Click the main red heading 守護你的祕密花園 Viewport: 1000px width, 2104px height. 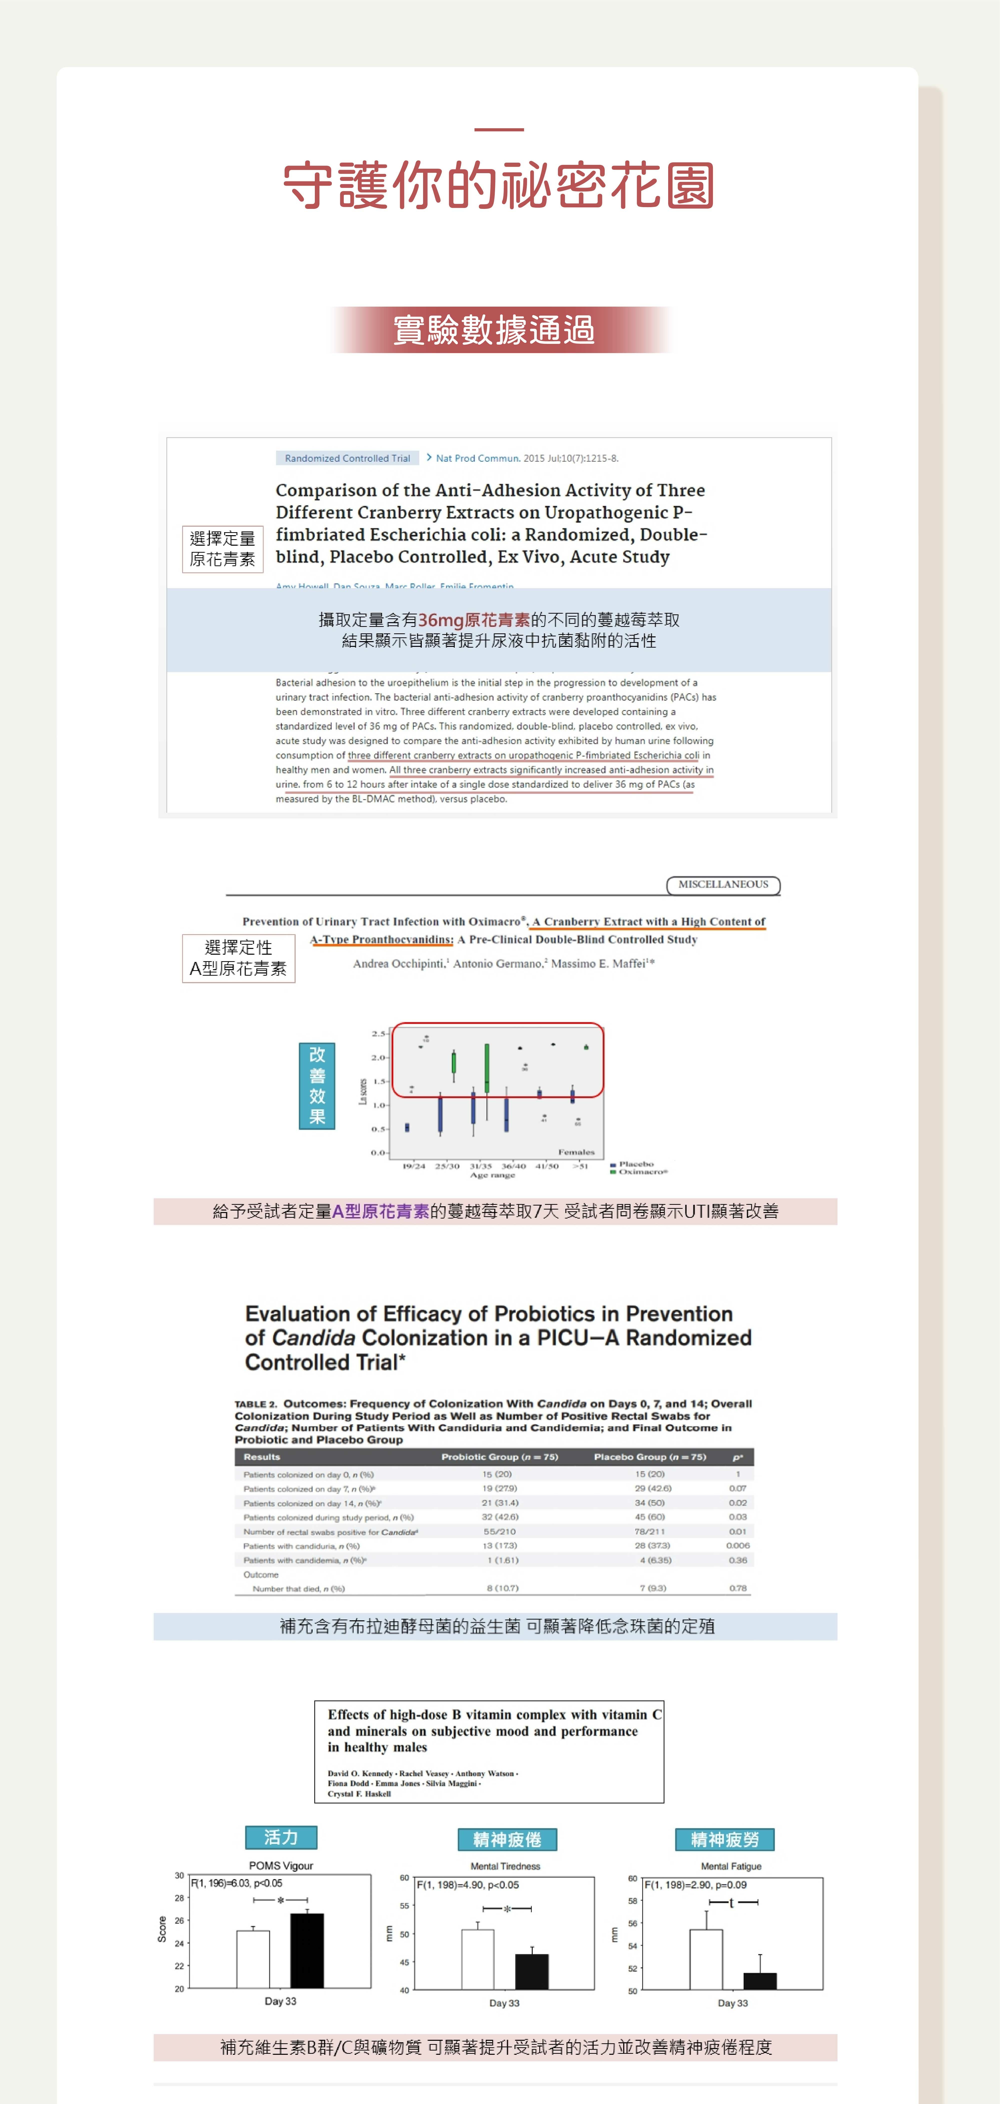click(x=499, y=185)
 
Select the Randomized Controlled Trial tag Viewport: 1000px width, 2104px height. click(x=347, y=458)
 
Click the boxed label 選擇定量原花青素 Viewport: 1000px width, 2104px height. click(x=222, y=549)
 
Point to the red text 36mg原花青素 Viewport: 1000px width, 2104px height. click(x=474, y=620)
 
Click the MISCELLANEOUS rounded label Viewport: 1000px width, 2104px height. click(x=723, y=884)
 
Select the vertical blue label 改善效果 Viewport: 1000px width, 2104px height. click(x=317, y=1086)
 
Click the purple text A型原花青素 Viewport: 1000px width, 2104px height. click(x=381, y=1211)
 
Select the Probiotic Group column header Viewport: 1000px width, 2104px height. click(x=499, y=1457)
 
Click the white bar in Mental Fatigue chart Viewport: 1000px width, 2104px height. click(x=706, y=1959)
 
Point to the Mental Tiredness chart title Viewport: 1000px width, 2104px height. click(x=505, y=1866)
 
